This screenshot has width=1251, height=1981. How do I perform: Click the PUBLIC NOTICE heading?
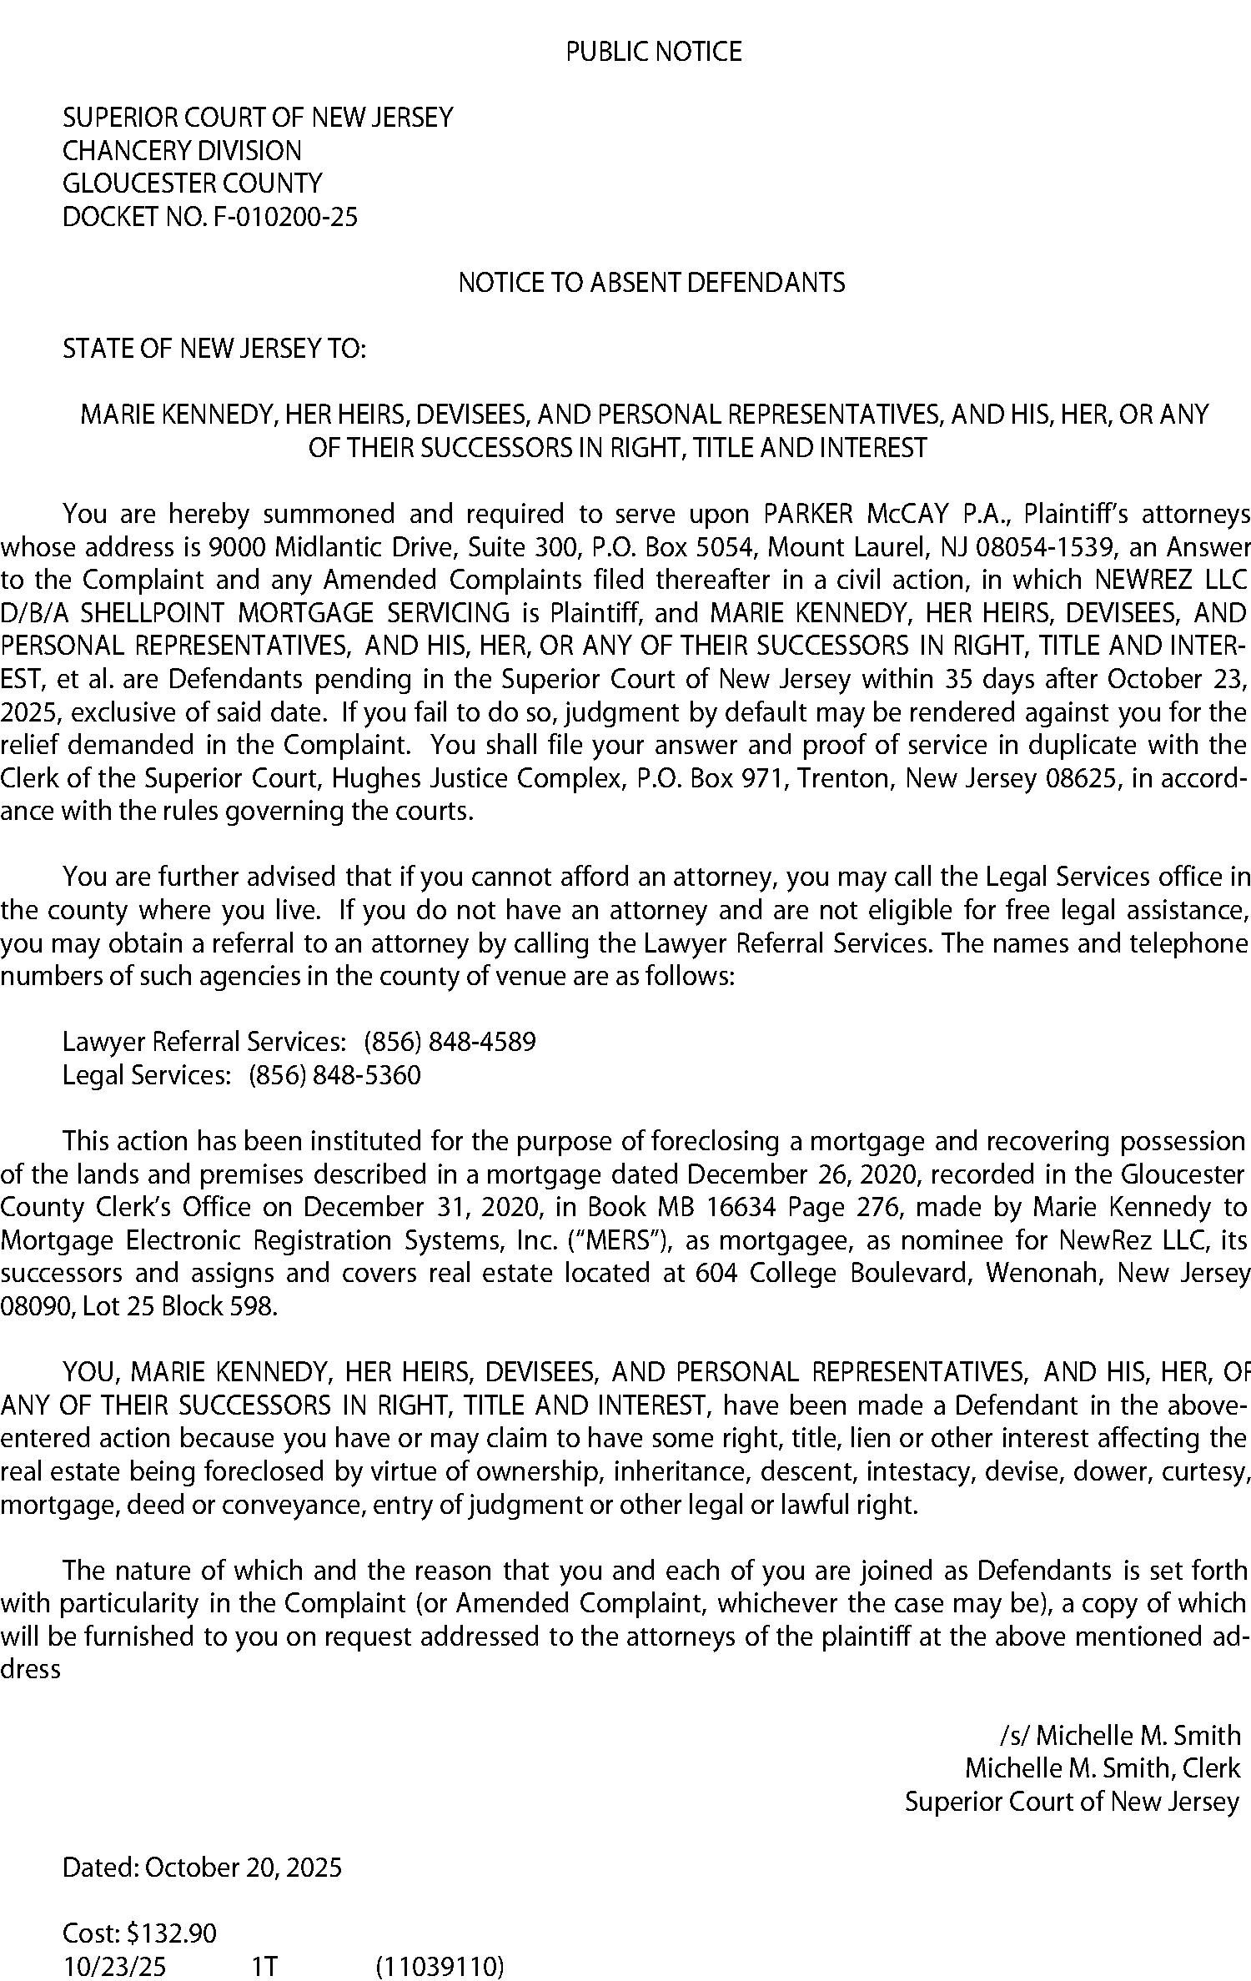pyautogui.click(x=653, y=52)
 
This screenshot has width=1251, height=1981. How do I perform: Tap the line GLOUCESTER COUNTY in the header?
pyautogui.click(x=192, y=184)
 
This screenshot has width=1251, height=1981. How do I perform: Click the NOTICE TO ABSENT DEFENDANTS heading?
pyautogui.click(x=651, y=283)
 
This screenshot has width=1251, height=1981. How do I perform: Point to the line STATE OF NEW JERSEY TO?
pyautogui.click(x=214, y=348)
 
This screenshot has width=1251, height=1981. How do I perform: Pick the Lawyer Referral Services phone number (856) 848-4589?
pyautogui.click(x=450, y=1041)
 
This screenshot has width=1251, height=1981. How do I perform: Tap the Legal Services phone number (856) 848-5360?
pyautogui.click(x=334, y=1074)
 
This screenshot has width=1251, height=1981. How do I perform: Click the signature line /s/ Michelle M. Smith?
pyautogui.click(x=1119, y=1735)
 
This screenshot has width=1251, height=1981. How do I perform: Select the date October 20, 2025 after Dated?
pyautogui.click(x=243, y=1867)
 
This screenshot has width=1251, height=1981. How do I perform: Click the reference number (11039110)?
pyautogui.click(x=440, y=1966)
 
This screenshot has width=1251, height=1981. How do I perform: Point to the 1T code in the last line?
pyautogui.click(x=264, y=1966)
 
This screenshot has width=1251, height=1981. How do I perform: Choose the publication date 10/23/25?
pyautogui.click(x=114, y=1966)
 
